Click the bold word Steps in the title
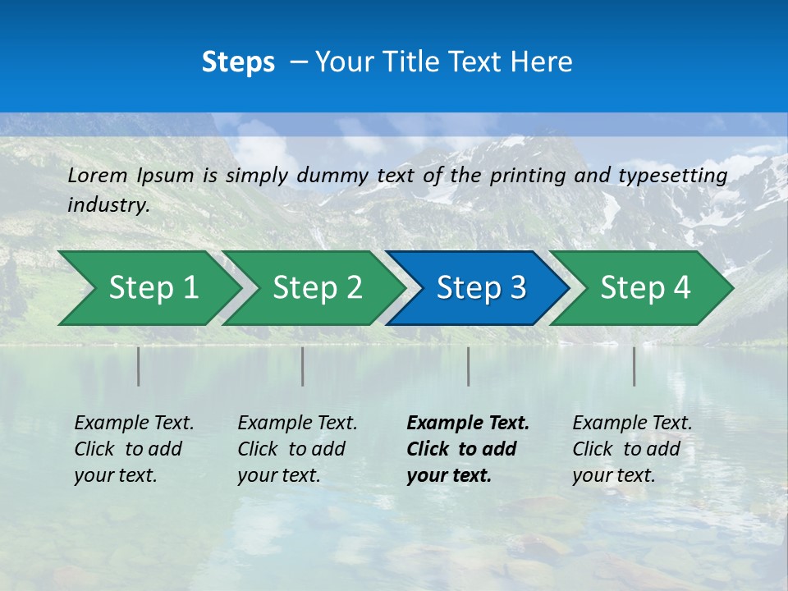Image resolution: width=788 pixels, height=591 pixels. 238,62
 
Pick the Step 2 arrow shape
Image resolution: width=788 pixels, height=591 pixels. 312,288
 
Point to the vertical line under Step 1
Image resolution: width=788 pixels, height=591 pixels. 138,366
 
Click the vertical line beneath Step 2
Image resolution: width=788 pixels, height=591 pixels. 302,366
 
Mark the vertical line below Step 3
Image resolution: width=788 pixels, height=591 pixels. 468,366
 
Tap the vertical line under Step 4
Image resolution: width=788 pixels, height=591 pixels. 634,366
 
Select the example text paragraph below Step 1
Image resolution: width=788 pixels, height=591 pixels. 134,449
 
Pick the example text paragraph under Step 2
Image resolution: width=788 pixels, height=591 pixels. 297,449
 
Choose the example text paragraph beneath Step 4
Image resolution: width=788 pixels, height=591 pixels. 632,449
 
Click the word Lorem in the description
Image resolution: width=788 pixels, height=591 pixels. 98,176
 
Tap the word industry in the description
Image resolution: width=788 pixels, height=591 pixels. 108,205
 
